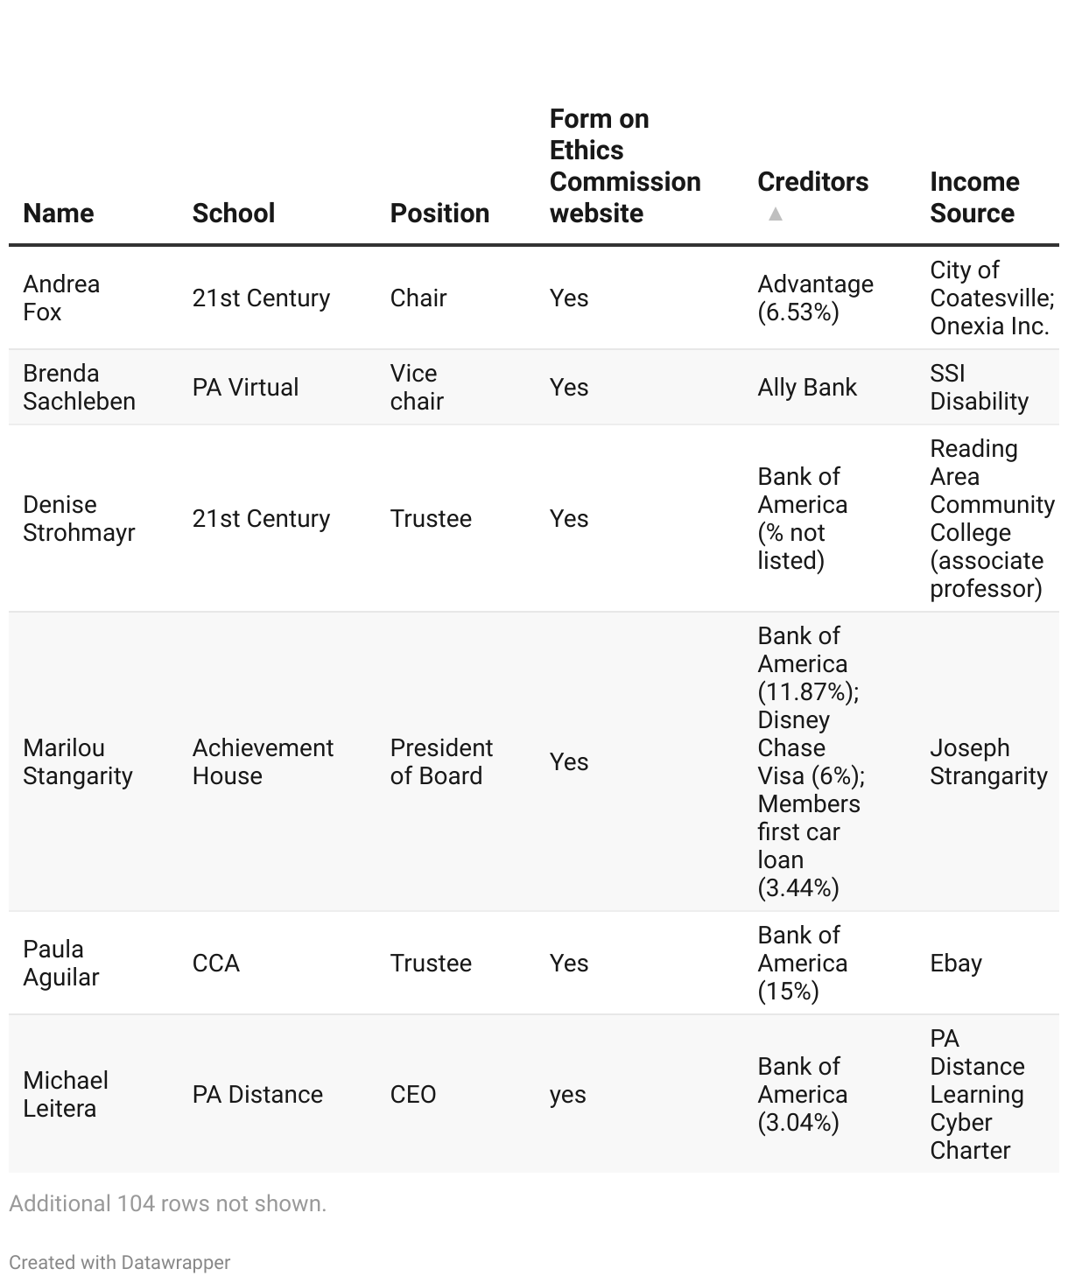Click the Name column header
[58, 213]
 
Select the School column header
[233, 213]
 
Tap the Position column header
[439, 213]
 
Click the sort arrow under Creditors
[775, 214]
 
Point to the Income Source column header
[973, 197]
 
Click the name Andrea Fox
[61, 298]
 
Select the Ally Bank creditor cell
[806, 387]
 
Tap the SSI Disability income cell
[979, 387]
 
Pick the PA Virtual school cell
[245, 387]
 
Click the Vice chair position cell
[417, 387]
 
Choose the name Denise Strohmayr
[79, 518]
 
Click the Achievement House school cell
[263, 761]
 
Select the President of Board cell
[441, 761]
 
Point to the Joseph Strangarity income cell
[988, 761]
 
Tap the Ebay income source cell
[955, 963]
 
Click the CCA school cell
[215, 963]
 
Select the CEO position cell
[412, 1094]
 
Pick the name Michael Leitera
[66, 1094]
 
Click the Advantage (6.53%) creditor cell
[815, 298]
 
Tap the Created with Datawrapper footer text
[120, 1262]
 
